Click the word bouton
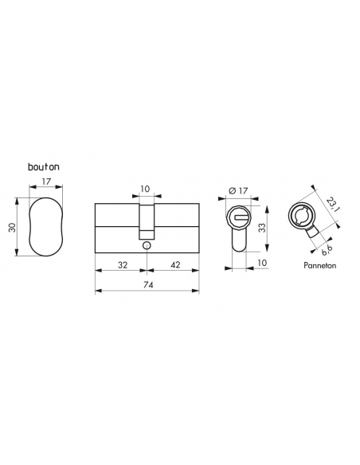41,167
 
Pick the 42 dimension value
172,264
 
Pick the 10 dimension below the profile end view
262,261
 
